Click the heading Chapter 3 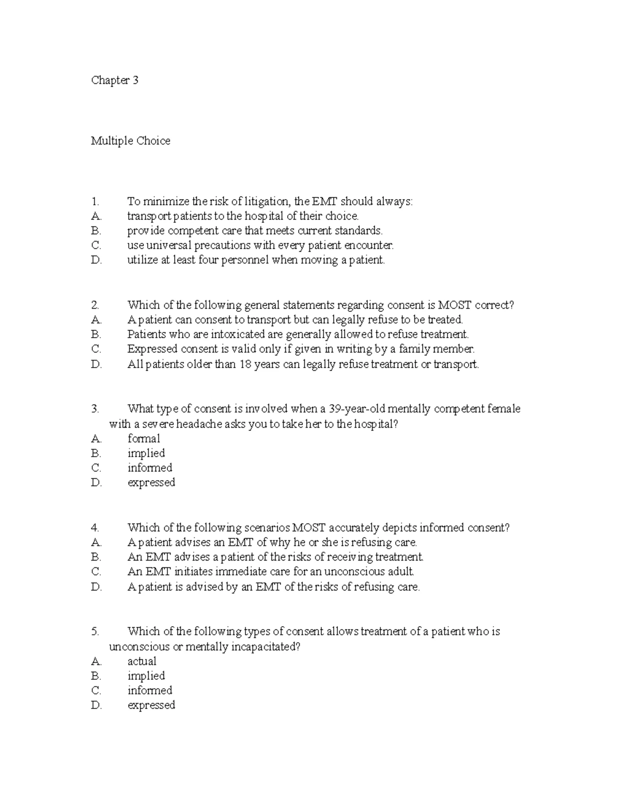click(x=115, y=80)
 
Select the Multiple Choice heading click(x=131, y=141)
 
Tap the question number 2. click(x=95, y=305)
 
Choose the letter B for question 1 click(x=96, y=231)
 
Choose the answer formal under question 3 click(x=144, y=438)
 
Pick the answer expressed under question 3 click(x=151, y=482)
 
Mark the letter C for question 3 click(x=96, y=468)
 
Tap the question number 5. click(x=95, y=631)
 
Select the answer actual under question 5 click(x=142, y=661)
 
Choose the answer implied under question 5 click(x=146, y=676)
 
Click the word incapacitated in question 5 click(x=264, y=647)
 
